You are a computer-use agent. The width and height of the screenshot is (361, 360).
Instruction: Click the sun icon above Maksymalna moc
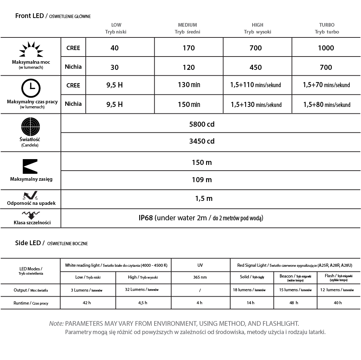30,50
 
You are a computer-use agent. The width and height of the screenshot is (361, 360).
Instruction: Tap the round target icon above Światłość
30,126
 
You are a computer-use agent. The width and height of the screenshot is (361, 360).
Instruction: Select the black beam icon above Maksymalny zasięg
30,166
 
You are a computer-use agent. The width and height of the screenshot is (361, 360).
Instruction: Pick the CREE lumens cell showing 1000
326,48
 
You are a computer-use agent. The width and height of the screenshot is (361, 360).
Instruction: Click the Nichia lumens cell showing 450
255,67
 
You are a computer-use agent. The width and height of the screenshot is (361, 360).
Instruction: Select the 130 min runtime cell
189,85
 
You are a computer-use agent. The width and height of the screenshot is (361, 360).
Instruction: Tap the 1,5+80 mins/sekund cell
326,105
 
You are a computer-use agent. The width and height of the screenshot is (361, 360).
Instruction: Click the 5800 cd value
202,125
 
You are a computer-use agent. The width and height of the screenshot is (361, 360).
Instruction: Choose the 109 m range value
202,180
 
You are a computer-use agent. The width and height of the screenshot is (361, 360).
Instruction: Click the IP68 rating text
146,218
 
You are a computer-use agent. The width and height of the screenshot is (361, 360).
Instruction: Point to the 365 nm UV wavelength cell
200,277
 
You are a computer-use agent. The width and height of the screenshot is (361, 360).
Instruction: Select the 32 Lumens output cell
143,289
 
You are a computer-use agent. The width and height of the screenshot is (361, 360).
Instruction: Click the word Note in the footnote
56,324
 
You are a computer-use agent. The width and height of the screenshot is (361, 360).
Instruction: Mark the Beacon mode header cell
295,277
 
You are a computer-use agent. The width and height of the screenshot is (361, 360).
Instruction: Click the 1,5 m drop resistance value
204,198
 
